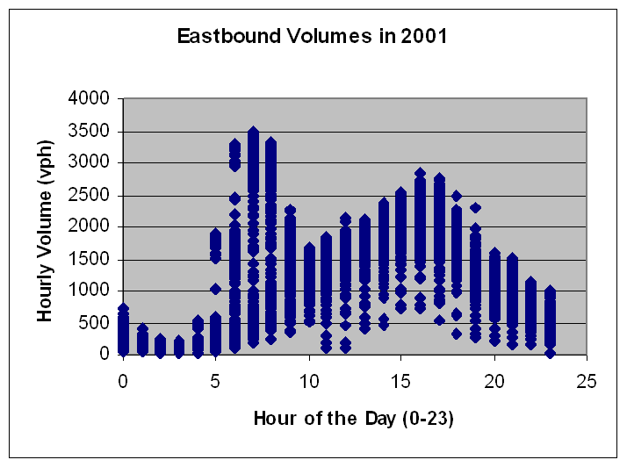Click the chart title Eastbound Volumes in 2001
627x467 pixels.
point(313,36)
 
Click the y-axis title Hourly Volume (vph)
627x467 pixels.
point(45,231)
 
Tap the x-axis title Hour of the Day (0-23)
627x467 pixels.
point(354,419)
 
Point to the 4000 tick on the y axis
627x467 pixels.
point(89,98)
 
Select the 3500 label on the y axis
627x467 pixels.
point(89,131)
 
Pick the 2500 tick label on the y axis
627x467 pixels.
point(89,195)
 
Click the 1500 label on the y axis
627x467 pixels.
point(89,259)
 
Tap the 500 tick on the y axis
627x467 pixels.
point(94,323)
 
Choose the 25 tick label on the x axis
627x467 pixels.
point(587,381)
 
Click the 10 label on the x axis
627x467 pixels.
point(309,381)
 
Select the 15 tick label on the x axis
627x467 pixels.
point(400,381)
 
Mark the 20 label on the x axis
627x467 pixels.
point(494,381)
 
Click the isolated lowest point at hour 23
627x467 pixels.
point(551,354)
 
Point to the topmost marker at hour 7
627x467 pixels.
point(253,131)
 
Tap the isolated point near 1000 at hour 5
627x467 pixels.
point(215,289)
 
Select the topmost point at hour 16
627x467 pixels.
point(420,173)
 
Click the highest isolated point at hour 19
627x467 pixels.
point(475,208)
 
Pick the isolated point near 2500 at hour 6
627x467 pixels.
point(234,198)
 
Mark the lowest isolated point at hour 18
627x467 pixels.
point(457,334)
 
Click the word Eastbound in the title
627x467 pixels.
point(229,36)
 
